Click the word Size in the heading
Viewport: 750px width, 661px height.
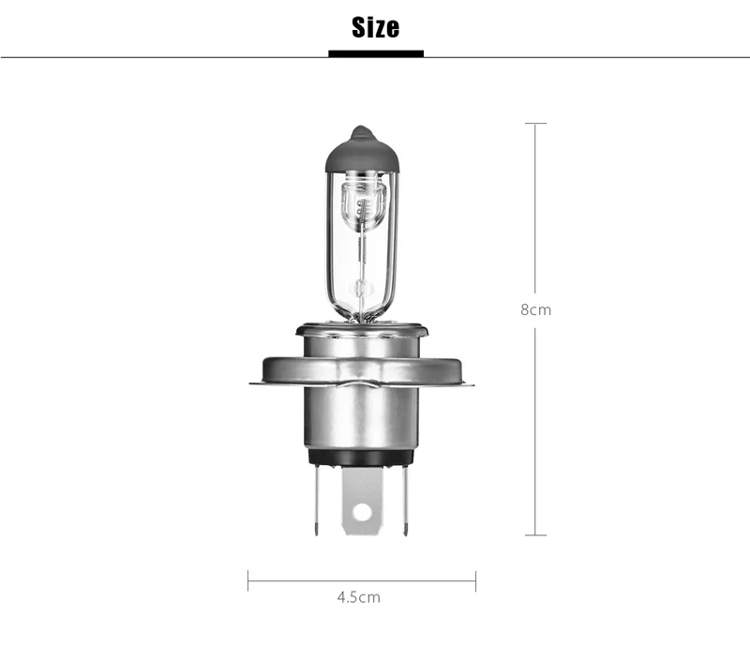click(376, 27)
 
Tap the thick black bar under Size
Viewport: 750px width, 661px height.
click(376, 53)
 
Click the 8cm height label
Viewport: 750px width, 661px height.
click(535, 310)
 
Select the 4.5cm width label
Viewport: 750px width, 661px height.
click(359, 597)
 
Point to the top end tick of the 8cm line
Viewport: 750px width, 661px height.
click(535, 124)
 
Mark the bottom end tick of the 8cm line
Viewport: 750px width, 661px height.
click(535, 535)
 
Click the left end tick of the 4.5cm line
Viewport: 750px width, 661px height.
click(247, 580)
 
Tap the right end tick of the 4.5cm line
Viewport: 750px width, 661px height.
click(475, 580)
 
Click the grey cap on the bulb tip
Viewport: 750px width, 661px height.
click(362, 151)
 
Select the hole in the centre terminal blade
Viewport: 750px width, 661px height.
click(362, 512)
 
